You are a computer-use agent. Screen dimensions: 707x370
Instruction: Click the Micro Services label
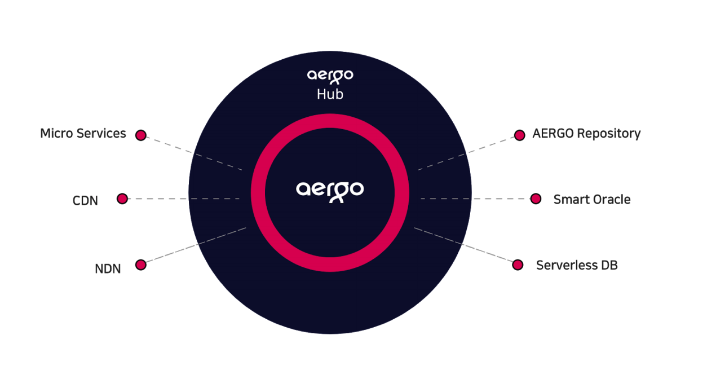click(x=83, y=134)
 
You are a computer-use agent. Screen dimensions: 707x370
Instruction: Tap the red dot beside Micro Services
click(x=141, y=135)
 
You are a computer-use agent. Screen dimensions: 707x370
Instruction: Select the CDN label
click(x=85, y=201)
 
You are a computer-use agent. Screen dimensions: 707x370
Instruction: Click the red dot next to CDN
click(x=122, y=199)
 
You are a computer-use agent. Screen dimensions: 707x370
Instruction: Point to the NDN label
click(x=108, y=269)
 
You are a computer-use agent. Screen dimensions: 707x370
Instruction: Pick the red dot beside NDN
click(x=141, y=265)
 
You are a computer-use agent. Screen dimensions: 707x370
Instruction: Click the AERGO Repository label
click(x=586, y=134)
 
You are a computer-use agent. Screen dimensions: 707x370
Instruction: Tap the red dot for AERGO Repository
click(x=519, y=135)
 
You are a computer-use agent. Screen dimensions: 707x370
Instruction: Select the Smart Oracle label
click(x=592, y=200)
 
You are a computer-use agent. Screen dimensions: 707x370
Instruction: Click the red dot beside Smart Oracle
click(x=536, y=199)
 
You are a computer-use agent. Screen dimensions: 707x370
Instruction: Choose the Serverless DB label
click(x=577, y=265)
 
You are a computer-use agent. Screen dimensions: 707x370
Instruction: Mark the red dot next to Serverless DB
click(x=518, y=265)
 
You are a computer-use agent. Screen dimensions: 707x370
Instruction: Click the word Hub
click(x=330, y=94)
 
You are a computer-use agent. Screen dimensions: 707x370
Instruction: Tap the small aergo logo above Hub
click(x=330, y=77)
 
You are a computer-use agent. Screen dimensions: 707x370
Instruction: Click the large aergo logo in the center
click(x=330, y=192)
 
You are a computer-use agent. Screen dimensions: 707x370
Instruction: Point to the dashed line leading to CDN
click(x=184, y=199)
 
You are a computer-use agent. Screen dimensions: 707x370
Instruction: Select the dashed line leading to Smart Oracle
click(x=475, y=199)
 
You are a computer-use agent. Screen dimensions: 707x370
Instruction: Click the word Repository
click(x=609, y=134)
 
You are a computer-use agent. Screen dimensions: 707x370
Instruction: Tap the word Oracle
click(x=611, y=200)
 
